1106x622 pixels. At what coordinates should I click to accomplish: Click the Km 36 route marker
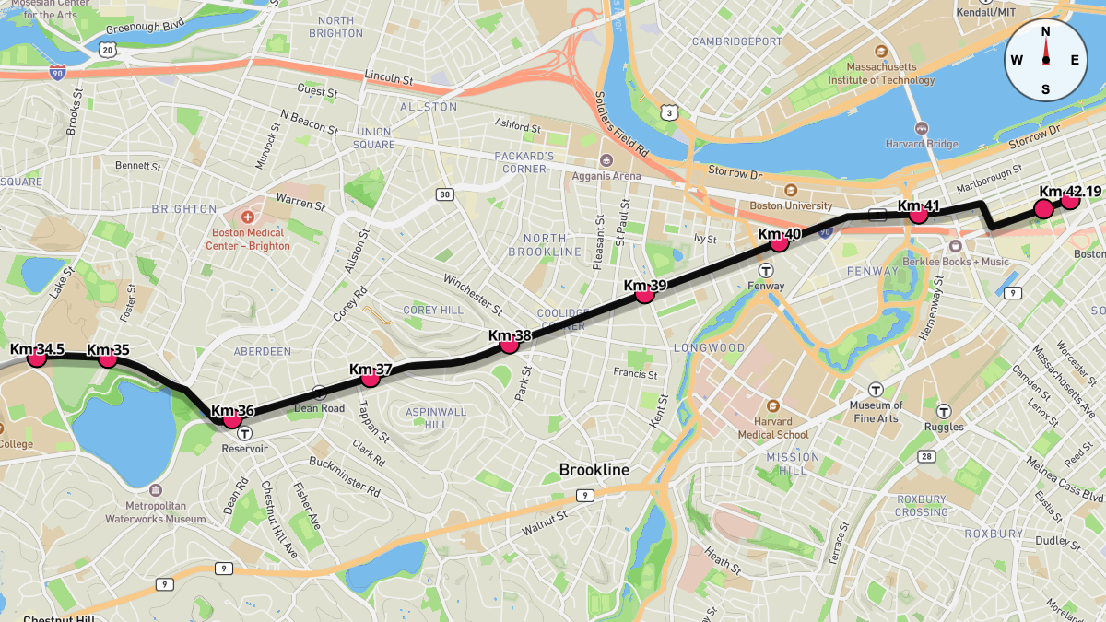click(232, 418)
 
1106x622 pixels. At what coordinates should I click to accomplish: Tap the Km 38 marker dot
click(509, 345)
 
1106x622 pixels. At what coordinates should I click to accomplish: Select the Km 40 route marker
click(779, 242)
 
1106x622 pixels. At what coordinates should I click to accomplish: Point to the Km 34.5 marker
click(37, 358)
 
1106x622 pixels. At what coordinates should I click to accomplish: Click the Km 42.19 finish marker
click(1070, 199)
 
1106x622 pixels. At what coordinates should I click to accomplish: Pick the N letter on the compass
click(1045, 31)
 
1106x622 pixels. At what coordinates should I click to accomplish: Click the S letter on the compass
click(1045, 89)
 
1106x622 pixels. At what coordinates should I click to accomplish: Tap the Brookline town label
click(594, 470)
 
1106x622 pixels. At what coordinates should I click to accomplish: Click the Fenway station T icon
click(766, 270)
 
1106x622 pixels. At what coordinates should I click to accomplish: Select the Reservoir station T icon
click(244, 432)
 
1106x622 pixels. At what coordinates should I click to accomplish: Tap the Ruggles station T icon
click(944, 411)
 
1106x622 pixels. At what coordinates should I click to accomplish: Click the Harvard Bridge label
click(923, 144)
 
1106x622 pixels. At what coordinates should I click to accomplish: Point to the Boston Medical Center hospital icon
click(247, 217)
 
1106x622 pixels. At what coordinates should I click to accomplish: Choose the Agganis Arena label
click(606, 176)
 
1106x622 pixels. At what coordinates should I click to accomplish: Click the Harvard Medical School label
click(772, 428)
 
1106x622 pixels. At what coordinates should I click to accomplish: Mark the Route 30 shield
click(445, 194)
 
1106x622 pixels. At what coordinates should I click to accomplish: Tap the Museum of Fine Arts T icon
click(876, 390)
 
